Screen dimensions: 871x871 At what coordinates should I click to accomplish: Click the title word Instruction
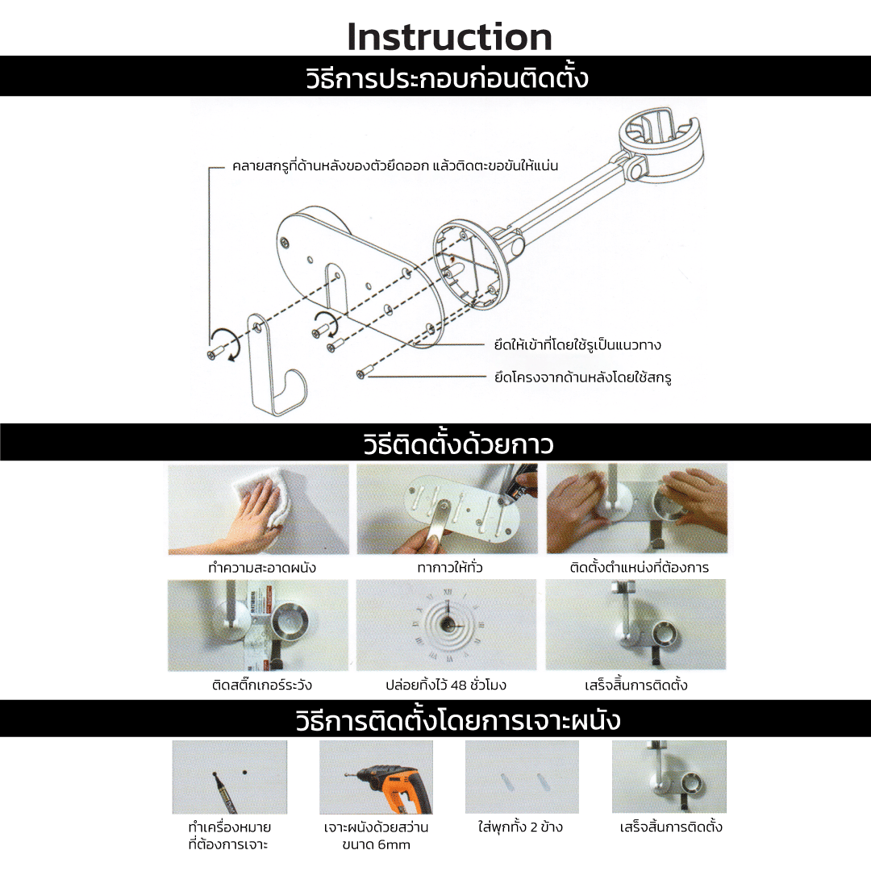(449, 37)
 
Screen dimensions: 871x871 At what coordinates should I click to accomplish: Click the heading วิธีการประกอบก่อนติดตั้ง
(447, 77)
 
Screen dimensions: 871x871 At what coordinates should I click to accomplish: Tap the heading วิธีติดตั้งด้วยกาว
(459, 444)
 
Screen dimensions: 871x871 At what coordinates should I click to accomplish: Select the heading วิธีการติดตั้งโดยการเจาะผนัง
(458, 720)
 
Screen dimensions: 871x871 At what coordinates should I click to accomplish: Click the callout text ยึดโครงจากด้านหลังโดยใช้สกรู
(583, 377)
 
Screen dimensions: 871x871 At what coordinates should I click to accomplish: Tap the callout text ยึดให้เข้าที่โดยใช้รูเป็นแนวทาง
(577, 345)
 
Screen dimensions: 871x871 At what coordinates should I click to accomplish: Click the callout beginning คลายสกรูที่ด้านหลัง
(395, 165)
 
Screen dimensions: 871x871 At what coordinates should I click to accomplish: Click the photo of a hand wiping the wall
(258, 510)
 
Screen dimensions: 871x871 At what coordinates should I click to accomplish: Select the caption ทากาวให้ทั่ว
(450, 567)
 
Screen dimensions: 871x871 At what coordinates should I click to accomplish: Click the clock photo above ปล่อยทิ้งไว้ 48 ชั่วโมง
(447, 625)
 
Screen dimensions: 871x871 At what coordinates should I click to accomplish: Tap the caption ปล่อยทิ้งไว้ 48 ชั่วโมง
(446, 685)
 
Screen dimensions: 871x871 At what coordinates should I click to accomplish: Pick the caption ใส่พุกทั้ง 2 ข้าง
(520, 827)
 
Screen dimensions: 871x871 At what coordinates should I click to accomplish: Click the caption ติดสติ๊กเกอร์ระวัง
(262, 685)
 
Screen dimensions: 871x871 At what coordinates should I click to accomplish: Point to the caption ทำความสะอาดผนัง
(262, 567)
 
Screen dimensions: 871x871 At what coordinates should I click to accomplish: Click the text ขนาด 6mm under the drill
(376, 845)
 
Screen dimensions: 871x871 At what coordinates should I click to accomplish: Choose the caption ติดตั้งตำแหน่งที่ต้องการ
(640, 567)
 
